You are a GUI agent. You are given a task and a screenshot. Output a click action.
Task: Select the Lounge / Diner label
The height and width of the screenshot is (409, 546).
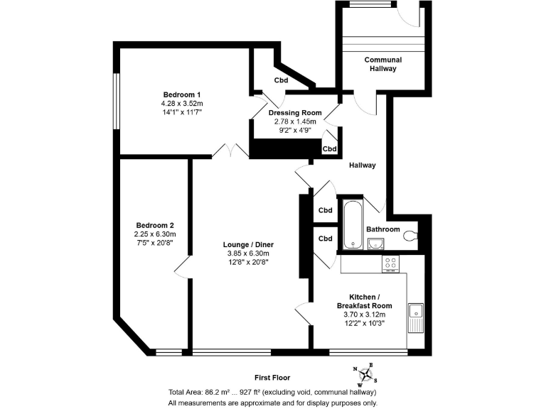tap(247, 244)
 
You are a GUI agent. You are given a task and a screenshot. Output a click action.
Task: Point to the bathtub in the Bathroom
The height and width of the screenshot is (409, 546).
tap(352, 225)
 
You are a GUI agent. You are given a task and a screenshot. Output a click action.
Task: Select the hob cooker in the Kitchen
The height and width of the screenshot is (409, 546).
tap(391, 263)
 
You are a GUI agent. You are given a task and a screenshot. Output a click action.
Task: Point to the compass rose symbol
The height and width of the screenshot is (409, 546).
tap(366, 375)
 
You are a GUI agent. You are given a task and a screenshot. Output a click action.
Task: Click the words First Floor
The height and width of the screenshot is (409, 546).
tap(272, 378)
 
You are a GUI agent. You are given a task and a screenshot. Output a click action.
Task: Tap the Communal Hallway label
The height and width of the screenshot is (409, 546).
tap(383, 64)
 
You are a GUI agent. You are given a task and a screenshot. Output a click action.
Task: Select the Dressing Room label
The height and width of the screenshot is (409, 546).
tap(295, 113)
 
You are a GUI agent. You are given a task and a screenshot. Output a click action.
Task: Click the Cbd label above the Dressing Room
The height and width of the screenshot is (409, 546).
tap(281, 80)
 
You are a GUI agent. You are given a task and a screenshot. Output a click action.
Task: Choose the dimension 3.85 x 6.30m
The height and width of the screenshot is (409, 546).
tap(247, 253)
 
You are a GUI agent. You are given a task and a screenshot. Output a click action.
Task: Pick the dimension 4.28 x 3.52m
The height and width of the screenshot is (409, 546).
tap(182, 104)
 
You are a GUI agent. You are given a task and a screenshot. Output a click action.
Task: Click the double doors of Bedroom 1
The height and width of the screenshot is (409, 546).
tap(230, 150)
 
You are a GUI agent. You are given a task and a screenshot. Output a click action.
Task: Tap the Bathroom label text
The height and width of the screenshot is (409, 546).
tap(382, 229)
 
